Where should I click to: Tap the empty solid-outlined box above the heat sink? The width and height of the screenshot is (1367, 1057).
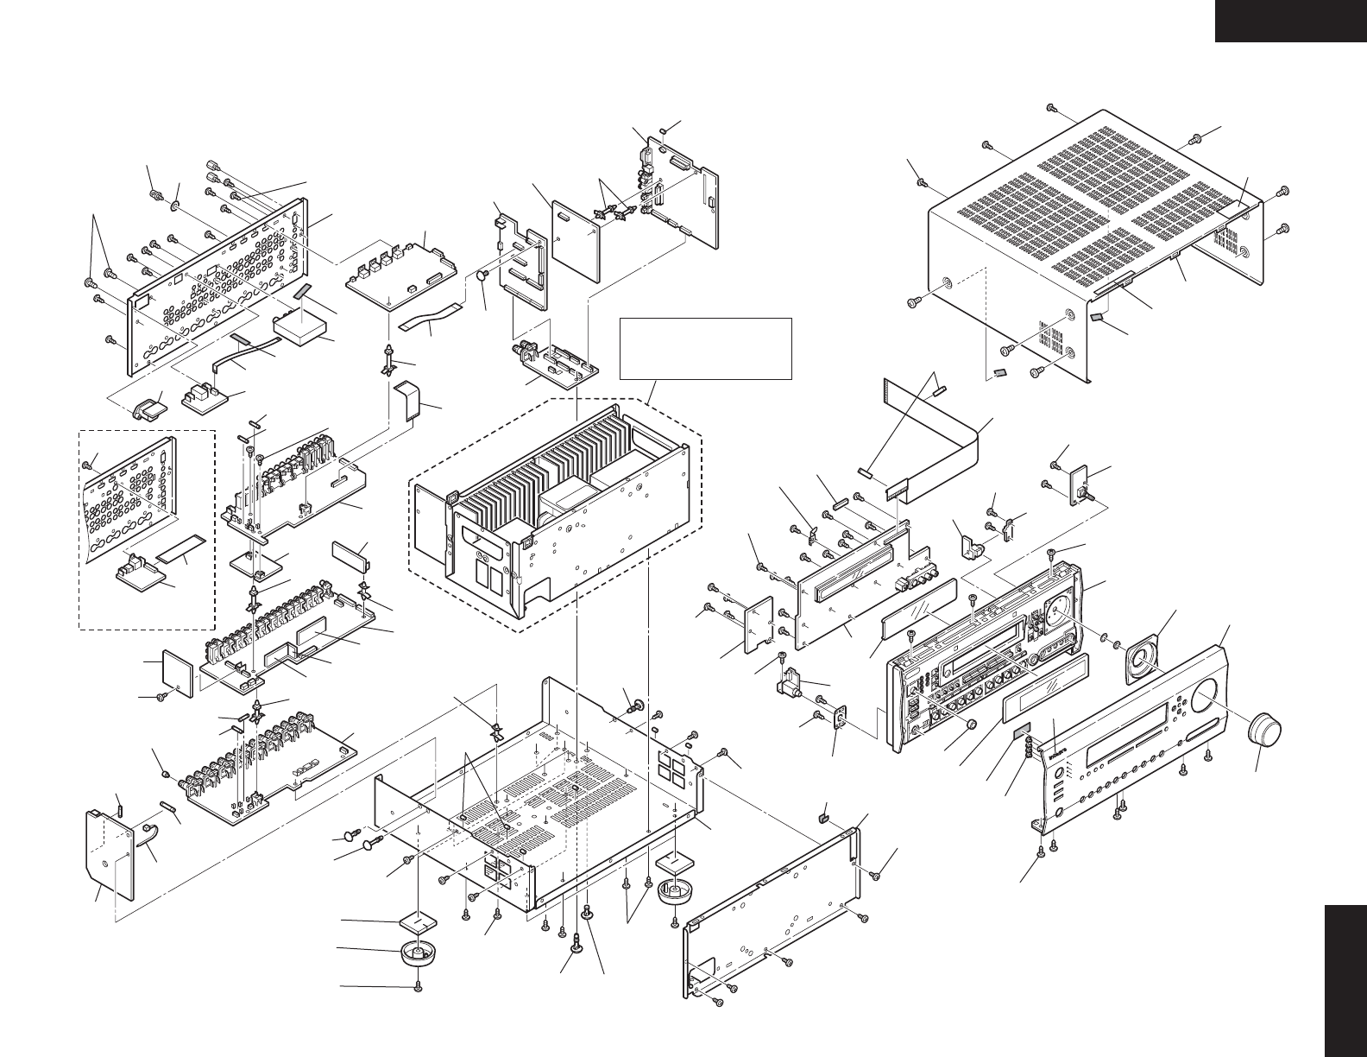(705, 348)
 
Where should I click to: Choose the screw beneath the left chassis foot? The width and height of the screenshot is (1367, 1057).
(419, 986)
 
